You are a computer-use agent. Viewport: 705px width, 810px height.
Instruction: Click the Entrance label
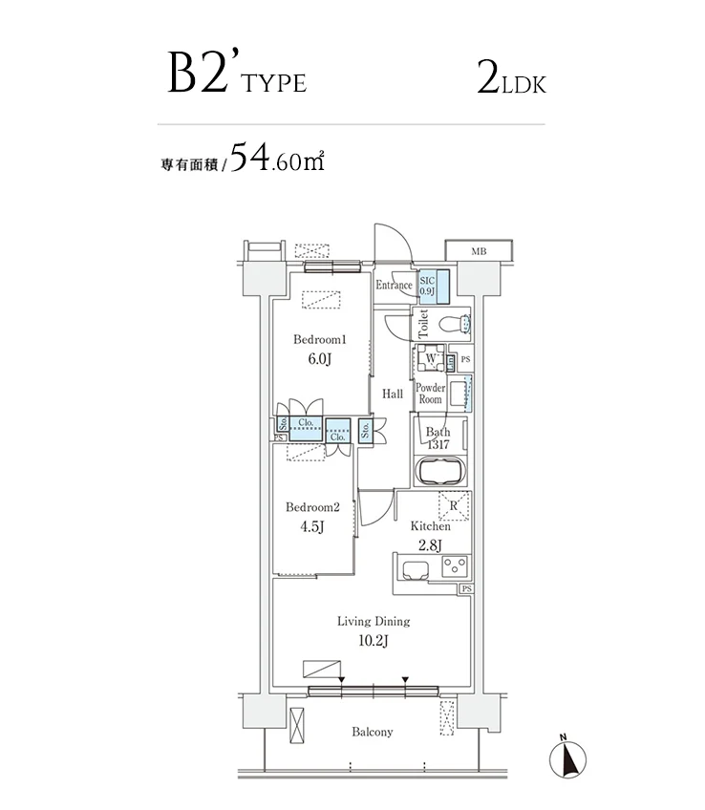coord(394,285)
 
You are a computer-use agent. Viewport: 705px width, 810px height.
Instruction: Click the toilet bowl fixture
coord(450,324)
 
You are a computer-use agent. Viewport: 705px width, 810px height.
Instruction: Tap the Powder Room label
coord(431,393)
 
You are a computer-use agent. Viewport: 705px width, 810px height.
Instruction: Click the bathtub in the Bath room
coord(439,472)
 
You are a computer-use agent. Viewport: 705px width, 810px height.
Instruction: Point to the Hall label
coord(393,394)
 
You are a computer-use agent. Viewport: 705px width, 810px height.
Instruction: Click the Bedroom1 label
coord(319,340)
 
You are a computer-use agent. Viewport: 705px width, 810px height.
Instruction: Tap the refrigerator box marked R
coord(453,507)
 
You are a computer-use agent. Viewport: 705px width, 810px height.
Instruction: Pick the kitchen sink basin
coord(416,570)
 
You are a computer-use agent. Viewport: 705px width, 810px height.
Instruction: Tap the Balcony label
coord(372,732)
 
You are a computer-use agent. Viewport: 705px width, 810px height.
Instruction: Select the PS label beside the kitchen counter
coord(466,589)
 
